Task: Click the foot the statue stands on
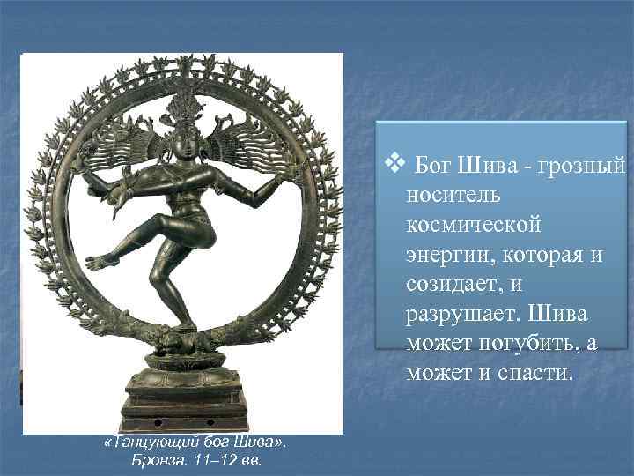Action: coord(183,325)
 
